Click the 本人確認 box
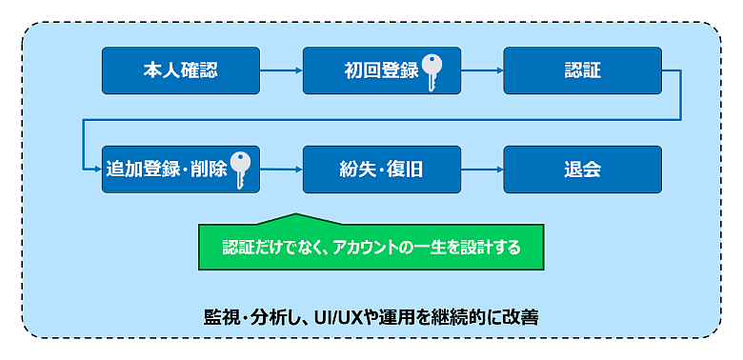(x=181, y=70)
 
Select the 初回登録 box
(x=381, y=70)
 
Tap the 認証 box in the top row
(x=582, y=70)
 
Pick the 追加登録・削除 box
(x=181, y=170)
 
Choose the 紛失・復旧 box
(x=381, y=170)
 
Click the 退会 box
(x=582, y=170)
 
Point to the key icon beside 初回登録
(x=432, y=72)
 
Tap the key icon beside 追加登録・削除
(x=240, y=170)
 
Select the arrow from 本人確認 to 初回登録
(x=281, y=70)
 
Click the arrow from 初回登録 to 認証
(x=482, y=70)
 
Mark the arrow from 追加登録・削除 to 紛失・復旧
(x=281, y=170)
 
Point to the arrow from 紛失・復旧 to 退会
(x=482, y=170)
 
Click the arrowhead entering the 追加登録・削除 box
(x=98, y=170)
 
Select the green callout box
(x=371, y=247)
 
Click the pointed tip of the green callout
(x=295, y=213)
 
